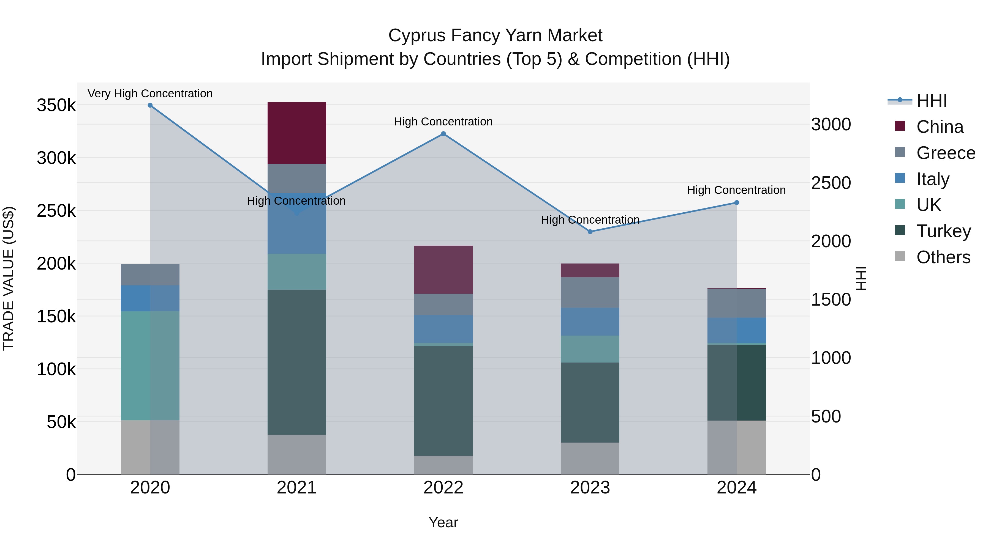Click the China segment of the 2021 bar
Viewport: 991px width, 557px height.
296,133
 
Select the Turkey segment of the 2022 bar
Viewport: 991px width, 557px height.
443,400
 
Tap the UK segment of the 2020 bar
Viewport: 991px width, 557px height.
150,366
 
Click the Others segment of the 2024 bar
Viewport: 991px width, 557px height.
736,448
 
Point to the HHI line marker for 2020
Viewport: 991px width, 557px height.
150,105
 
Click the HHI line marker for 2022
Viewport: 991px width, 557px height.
443,134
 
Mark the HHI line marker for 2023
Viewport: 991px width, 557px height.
590,232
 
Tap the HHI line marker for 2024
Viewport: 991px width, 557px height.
737,202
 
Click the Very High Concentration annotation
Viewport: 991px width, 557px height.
150,94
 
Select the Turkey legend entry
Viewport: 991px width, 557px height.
943,231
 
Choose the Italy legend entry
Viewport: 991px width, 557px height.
933,179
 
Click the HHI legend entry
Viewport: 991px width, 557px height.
931,101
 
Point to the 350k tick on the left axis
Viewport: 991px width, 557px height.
56,105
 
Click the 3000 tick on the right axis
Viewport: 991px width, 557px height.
831,125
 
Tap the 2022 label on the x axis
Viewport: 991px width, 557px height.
443,488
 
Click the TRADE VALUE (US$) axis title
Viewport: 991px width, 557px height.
9,278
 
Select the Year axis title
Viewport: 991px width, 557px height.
443,522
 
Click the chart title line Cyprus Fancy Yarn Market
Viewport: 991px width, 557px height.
495,35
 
